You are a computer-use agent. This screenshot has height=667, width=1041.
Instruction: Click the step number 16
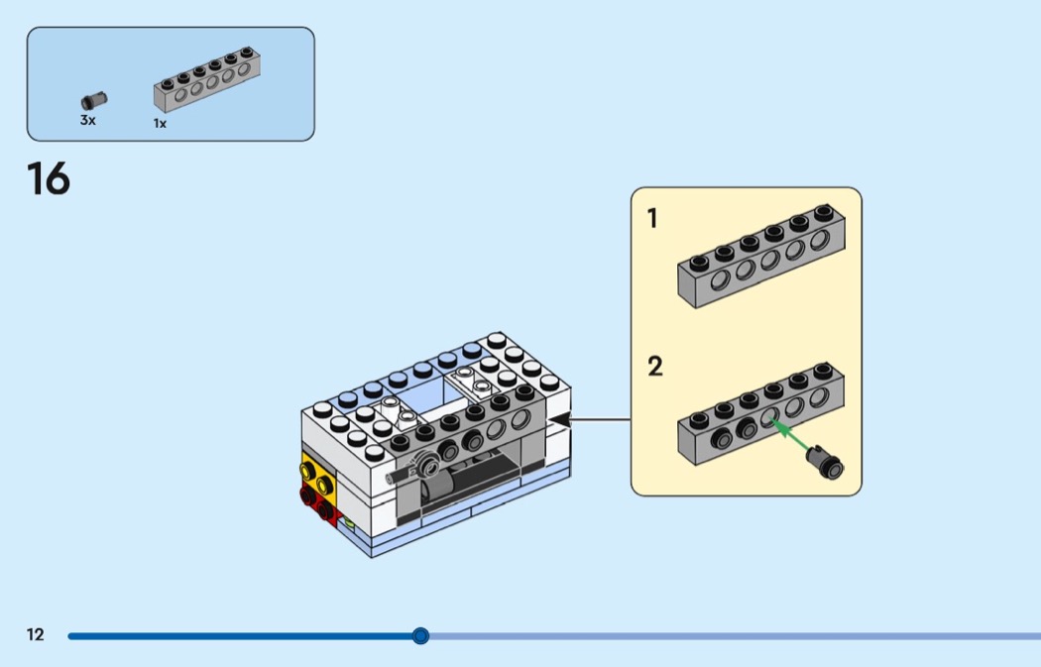(49, 179)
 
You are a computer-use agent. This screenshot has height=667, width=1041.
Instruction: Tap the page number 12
(36, 635)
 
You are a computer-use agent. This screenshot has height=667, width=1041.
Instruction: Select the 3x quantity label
(88, 120)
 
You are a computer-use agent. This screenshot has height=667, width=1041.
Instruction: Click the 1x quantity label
(160, 124)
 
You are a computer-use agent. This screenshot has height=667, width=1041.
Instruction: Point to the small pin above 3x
(94, 100)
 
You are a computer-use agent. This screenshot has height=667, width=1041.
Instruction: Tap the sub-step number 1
(652, 219)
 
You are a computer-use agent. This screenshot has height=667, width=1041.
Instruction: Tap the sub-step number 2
(654, 368)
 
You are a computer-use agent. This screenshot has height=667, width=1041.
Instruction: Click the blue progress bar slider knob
(420, 635)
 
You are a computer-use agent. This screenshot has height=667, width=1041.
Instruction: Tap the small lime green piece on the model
(348, 519)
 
